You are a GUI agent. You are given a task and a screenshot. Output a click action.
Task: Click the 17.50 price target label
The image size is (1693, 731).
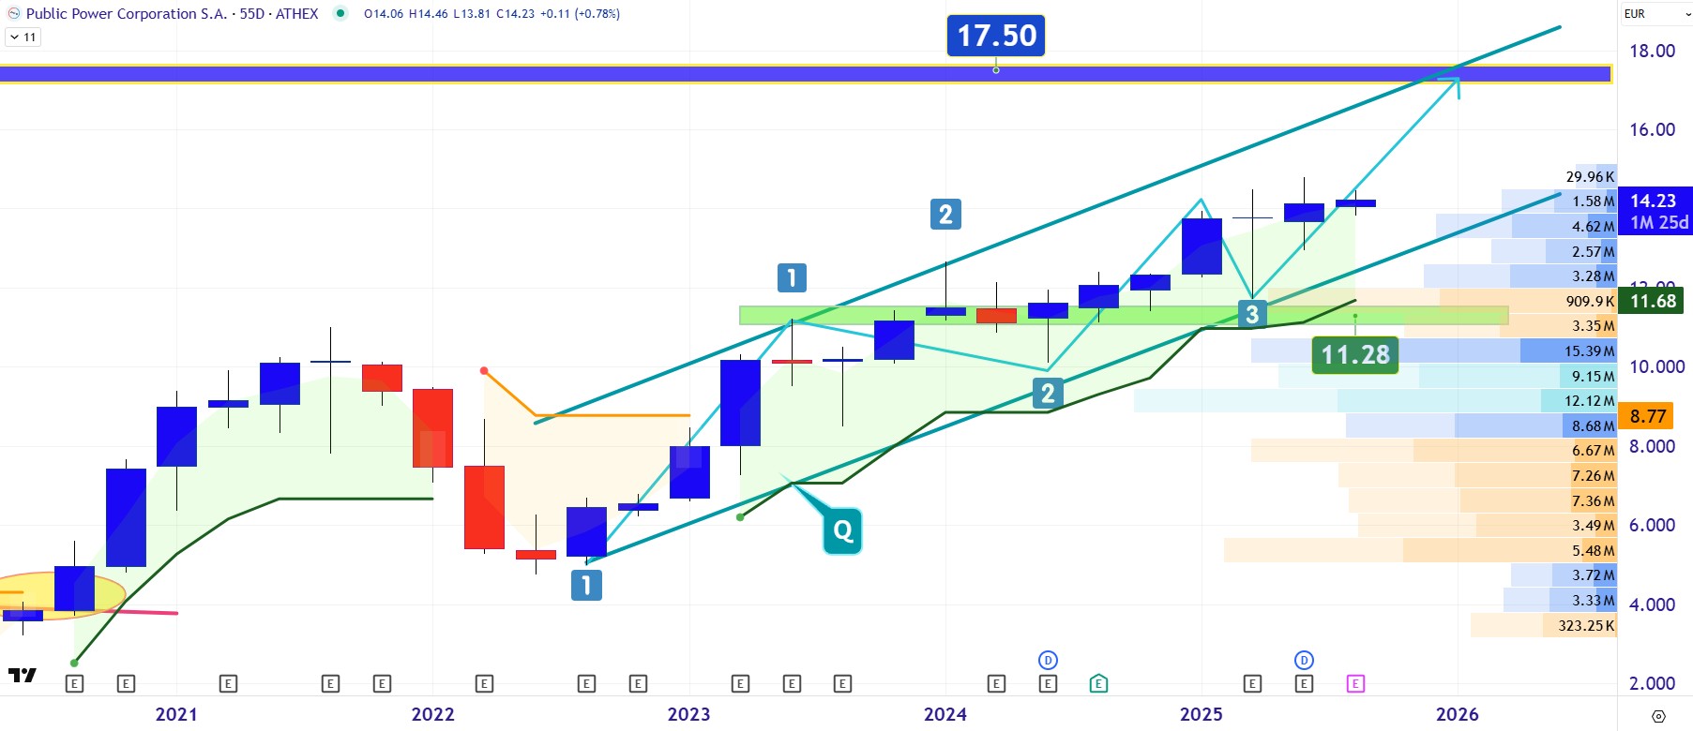(x=995, y=36)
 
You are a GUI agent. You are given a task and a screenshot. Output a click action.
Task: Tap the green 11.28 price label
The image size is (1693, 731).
(x=1354, y=354)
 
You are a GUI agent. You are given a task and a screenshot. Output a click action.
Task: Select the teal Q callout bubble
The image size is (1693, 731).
(x=842, y=531)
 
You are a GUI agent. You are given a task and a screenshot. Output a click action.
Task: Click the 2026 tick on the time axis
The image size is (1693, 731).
(x=1457, y=714)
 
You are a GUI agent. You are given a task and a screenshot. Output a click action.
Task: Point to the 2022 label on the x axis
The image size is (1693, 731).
(x=432, y=714)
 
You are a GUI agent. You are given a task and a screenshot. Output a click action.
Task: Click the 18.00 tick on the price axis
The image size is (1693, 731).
(x=1652, y=51)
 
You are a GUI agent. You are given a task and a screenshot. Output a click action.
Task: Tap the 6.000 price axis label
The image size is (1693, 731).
(x=1652, y=525)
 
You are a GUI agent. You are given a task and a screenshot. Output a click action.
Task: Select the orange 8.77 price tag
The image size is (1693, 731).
(x=1648, y=416)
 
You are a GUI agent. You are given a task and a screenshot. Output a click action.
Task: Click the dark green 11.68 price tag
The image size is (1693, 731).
(x=1653, y=301)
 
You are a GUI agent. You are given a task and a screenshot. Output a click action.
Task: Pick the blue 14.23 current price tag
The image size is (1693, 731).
(x=1653, y=201)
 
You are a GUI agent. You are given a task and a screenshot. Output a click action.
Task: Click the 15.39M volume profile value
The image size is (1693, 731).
(x=1589, y=351)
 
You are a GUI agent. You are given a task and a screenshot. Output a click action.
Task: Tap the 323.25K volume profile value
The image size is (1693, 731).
(x=1586, y=625)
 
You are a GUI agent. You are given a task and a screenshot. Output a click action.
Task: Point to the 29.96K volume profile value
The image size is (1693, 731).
(x=1590, y=176)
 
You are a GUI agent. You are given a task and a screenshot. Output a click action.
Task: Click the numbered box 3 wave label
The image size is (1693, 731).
(x=1252, y=314)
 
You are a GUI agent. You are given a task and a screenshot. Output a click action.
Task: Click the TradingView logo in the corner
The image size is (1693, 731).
(x=22, y=675)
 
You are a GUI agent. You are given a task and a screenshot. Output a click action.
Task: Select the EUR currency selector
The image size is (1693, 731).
(x=1636, y=13)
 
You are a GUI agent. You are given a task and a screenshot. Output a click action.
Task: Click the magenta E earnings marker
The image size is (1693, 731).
(x=1354, y=684)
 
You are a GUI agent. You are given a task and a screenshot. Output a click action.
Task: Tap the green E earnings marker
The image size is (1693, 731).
(x=1098, y=684)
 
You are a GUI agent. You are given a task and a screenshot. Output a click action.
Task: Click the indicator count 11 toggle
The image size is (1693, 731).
(x=23, y=37)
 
